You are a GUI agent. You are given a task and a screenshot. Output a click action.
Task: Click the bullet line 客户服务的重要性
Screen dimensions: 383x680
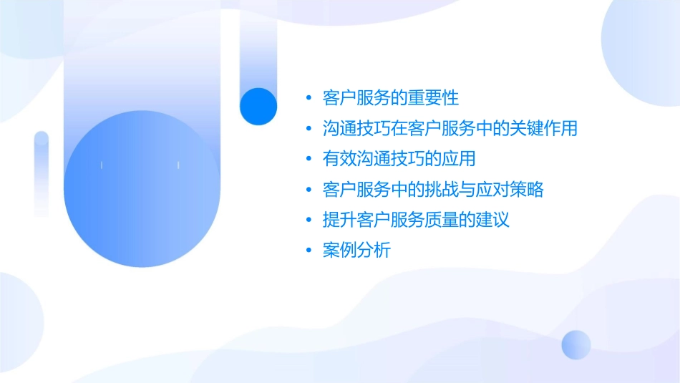pos(391,97)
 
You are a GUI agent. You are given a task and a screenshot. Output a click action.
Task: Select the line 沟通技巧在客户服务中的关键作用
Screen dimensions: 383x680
pos(450,128)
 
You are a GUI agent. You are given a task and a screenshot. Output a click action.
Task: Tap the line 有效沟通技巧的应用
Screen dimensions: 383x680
pos(399,159)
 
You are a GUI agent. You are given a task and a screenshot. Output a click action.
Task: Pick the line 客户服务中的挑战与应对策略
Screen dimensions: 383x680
pos(433,190)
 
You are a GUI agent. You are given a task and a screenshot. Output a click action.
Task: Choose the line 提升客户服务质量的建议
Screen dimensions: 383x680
pos(416,220)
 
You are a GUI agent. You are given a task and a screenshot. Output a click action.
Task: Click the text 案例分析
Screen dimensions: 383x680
pos(356,251)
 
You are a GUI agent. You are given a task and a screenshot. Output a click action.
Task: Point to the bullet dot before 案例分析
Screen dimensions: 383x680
pos(309,251)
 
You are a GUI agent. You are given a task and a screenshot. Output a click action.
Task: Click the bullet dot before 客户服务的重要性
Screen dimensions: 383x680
pos(309,98)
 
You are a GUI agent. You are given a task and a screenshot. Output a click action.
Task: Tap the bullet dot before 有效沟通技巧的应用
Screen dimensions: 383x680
pos(309,160)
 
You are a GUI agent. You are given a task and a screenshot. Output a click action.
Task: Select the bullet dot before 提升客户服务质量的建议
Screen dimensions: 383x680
pos(309,220)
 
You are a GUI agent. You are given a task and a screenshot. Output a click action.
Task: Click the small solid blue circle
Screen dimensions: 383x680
pos(258,106)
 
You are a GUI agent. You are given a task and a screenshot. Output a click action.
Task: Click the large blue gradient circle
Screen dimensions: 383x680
pos(140,190)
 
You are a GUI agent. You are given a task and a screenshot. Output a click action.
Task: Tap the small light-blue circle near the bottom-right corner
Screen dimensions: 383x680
pos(576,344)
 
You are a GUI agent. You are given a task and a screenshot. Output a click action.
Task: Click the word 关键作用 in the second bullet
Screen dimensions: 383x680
pos(543,128)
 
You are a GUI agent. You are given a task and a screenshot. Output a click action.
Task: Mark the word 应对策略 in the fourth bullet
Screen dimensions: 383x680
pos(510,190)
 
